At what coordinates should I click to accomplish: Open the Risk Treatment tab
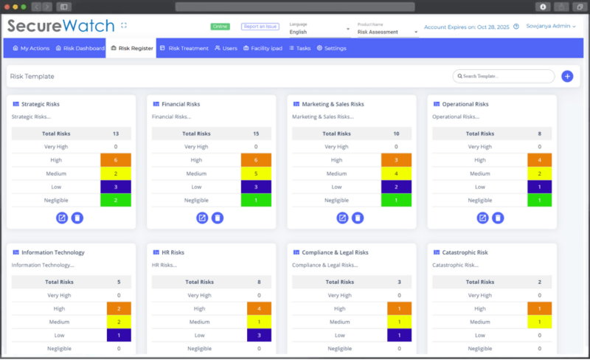pyautogui.click(x=184, y=49)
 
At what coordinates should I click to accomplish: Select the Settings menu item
pyautogui.click(x=331, y=49)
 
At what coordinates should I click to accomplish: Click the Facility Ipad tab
pyautogui.click(x=263, y=49)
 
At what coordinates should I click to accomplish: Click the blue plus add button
pyautogui.click(x=567, y=76)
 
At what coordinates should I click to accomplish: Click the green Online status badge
pyautogui.click(x=220, y=27)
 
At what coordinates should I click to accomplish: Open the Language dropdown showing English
pyautogui.click(x=319, y=32)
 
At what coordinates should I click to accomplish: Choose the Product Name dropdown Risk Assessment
pyautogui.click(x=387, y=32)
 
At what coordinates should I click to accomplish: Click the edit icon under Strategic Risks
pyautogui.click(x=62, y=218)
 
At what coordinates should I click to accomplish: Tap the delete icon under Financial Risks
pyautogui.click(x=218, y=218)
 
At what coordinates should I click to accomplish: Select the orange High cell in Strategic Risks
pyautogui.click(x=115, y=160)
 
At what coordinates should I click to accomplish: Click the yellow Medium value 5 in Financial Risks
pyautogui.click(x=255, y=173)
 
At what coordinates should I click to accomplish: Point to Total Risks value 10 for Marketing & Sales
pyautogui.click(x=396, y=134)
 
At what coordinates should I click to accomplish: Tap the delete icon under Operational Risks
pyautogui.click(x=498, y=218)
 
